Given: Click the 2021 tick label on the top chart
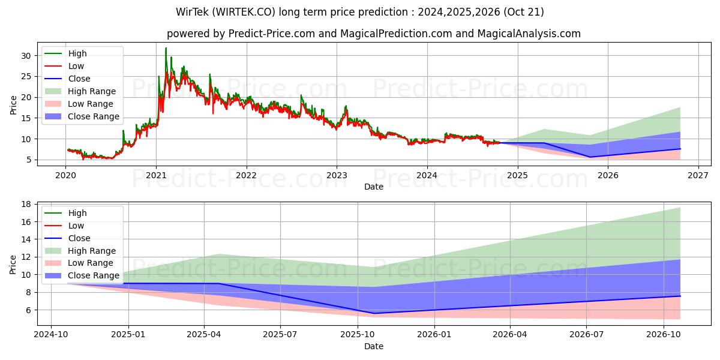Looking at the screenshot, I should click(156, 175).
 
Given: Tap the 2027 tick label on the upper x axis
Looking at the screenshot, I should click(698, 175).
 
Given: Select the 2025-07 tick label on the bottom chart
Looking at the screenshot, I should click(281, 335).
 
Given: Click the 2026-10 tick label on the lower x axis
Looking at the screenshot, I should click(664, 335).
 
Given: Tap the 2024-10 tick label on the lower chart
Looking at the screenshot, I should click(50, 335).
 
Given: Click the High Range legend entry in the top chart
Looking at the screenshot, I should click(92, 91).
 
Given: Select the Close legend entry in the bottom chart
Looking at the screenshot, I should click(79, 238).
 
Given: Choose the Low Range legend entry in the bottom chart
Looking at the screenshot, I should click(90, 263).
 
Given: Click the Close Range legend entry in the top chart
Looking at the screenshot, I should click(94, 116).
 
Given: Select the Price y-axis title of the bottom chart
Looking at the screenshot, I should click(13, 264).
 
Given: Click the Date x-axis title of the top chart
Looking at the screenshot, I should click(373, 187).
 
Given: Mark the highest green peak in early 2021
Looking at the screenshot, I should click(166, 48).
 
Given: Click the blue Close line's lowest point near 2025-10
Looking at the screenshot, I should click(373, 313).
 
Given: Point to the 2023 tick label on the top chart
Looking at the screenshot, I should click(337, 175).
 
